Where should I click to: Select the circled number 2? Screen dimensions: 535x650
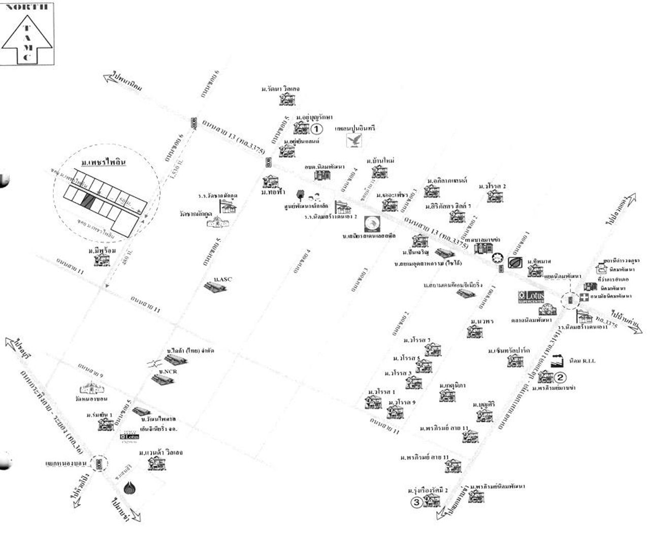click(x=560, y=377)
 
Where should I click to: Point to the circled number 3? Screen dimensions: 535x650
click(x=416, y=503)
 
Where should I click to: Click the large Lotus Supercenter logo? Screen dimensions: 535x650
click(x=531, y=296)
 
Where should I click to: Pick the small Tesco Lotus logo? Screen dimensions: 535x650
click(x=129, y=436)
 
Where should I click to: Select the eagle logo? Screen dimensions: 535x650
click(x=354, y=139)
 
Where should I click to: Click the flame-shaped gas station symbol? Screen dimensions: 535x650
click(x=130, y=488)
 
